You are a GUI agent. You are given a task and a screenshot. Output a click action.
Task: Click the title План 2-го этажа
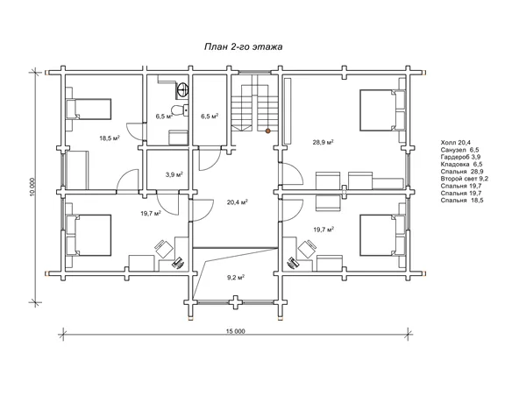pos(243,47)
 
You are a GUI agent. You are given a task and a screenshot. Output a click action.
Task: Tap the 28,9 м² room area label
pos(323,142)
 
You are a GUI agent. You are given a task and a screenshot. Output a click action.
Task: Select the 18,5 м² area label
pos(110,138)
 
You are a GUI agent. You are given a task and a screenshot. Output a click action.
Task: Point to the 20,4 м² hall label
pos(237,202)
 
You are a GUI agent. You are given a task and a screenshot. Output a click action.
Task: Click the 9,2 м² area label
pos(236,278)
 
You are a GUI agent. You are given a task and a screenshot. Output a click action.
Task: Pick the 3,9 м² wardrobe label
pos(174,174)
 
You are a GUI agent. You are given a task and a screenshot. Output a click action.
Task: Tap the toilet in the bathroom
pos(178,110)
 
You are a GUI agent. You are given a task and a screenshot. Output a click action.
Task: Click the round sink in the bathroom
pos(182,89)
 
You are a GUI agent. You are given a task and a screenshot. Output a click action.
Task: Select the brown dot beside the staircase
pos(267,131)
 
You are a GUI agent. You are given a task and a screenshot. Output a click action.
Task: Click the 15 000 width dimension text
pos(235,331)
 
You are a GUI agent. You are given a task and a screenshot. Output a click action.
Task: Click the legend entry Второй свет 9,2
pos(465,179)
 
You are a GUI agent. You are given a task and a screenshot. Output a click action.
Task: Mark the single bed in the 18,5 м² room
pos(89,110)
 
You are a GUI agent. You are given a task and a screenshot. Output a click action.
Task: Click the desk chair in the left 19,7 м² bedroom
pos(164,249)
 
